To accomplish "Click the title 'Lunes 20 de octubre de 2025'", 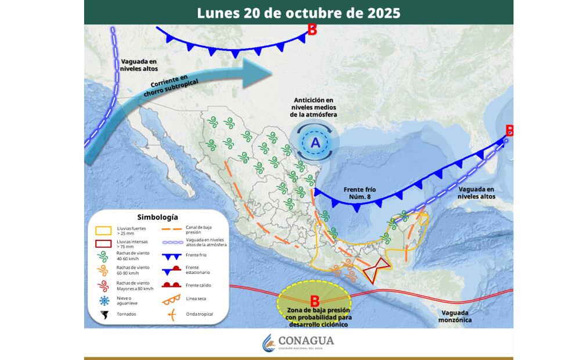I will click(298, 13).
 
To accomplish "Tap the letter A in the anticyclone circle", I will click(315, 142).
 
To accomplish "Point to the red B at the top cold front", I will click(312, 30).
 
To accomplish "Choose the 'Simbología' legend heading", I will click(154, 217).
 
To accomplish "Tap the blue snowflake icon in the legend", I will click(104, 300).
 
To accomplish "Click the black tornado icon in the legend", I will click(104, 315).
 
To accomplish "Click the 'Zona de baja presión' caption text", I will click(316, 312).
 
